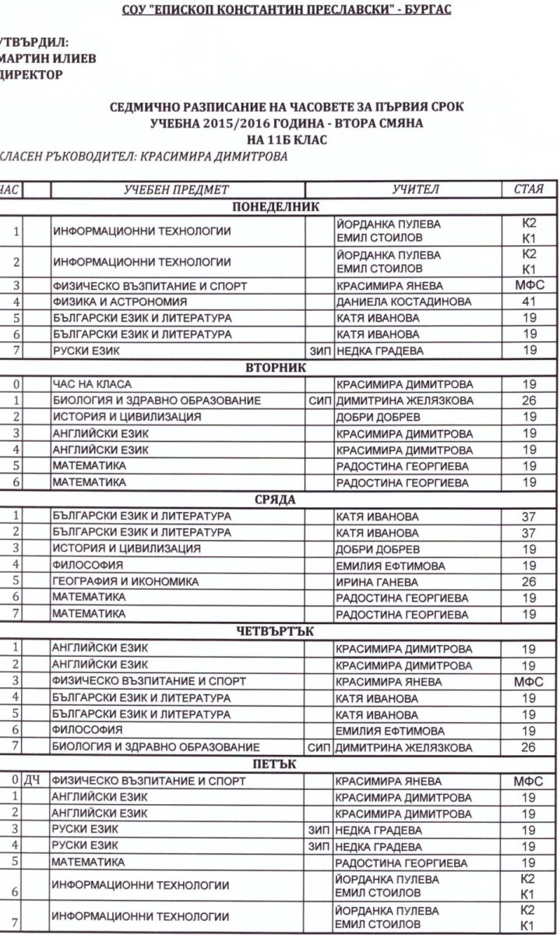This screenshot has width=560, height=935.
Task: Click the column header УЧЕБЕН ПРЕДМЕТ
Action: tap(177, 189)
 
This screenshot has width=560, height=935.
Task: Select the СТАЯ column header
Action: tap(529, 189)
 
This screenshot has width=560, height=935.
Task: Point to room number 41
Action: tap(529, 301)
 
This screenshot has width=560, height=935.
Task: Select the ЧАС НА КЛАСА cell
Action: tap(92, 384)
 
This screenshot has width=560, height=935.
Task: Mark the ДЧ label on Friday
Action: tap(32, 780)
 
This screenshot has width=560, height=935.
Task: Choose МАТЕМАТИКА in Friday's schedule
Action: tap(88, 863)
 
